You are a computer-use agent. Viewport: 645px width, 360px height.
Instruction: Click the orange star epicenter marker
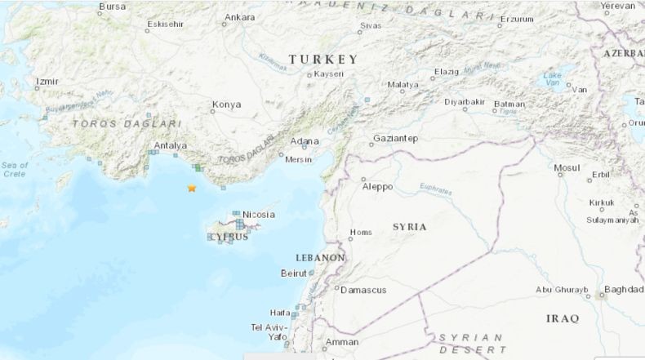point(192,188)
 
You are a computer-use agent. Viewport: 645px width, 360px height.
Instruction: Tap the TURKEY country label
point(323,60)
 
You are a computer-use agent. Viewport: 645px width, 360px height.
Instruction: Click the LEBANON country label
point(320,257)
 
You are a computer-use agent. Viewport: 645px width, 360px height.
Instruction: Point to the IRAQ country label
point(563,317)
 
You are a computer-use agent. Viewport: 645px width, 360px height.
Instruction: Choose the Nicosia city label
point(258,215)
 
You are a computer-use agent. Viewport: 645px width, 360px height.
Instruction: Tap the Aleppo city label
point(377,187)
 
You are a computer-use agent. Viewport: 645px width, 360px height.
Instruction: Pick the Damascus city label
point(363,290)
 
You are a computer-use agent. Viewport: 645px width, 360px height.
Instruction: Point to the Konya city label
point(226,104)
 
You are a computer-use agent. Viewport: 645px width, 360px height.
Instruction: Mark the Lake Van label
point(553,79)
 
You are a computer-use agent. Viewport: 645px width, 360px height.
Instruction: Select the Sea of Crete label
point(14,169)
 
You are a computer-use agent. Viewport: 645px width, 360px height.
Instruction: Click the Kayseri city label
point(330,74)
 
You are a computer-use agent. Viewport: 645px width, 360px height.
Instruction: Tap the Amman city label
point(342,342)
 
